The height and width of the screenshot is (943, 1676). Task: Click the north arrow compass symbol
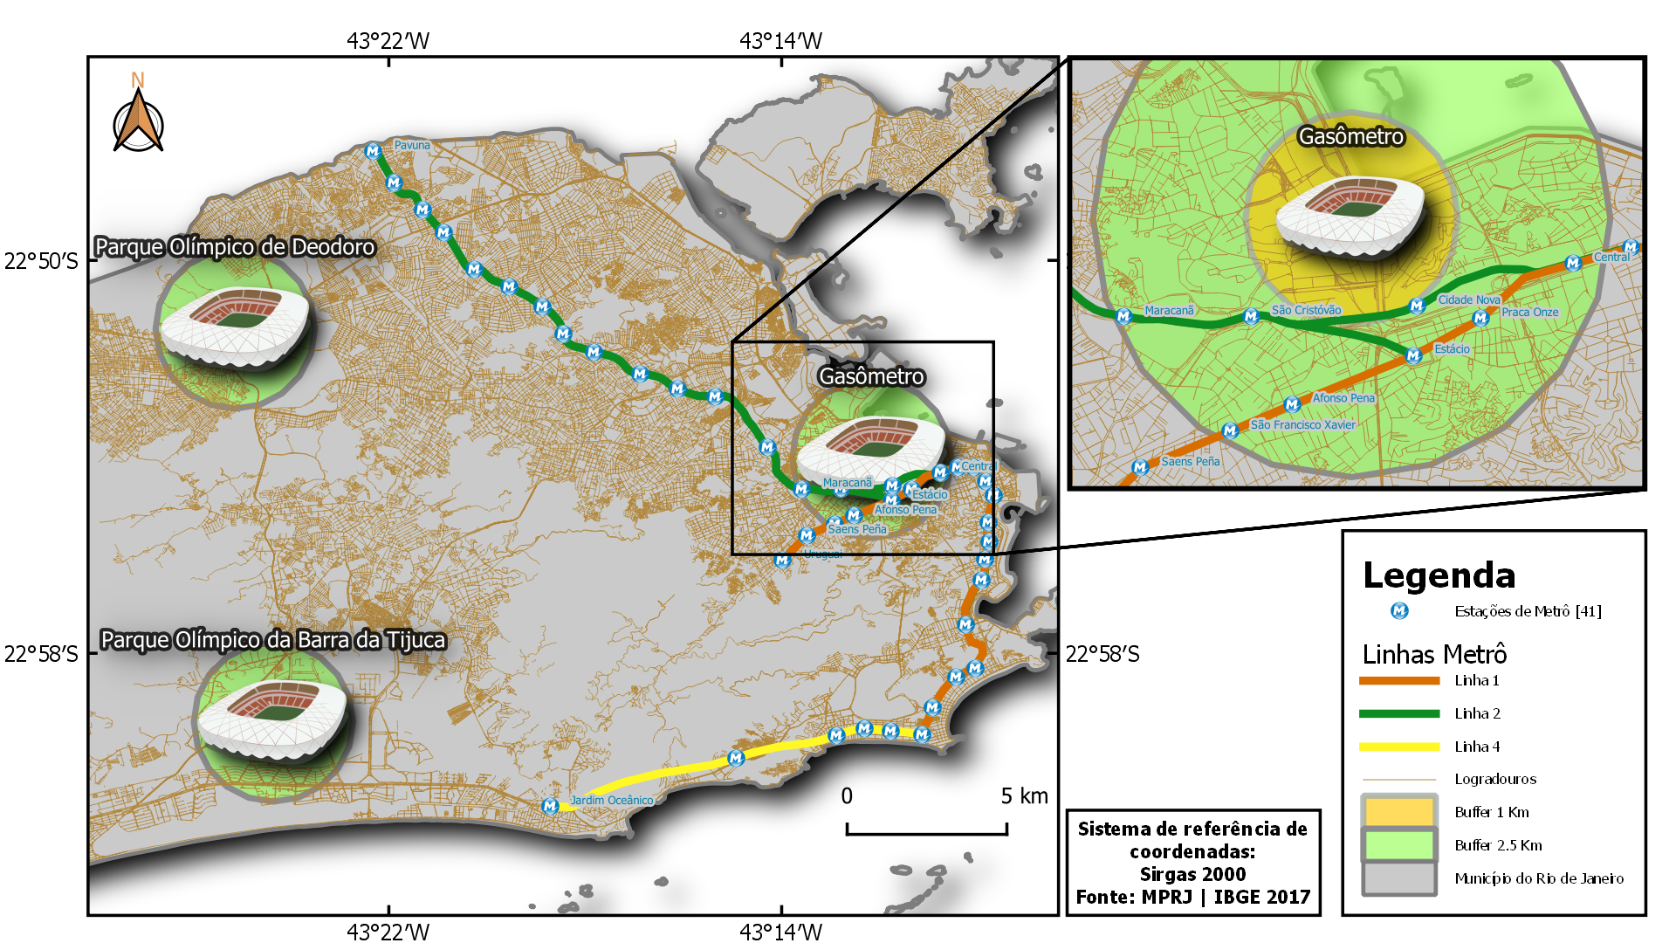(138, 122)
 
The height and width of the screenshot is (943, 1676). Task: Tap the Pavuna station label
(411, 145)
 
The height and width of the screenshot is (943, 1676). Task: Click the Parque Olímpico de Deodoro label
(234, 247)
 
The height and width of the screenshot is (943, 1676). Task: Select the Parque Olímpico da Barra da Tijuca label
(272, 640)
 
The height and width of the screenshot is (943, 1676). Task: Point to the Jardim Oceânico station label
(611, 800)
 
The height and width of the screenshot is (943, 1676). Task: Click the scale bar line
(926, 833)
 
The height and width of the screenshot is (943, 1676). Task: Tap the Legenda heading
(1439, 575)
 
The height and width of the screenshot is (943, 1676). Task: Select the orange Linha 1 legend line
(1398, 680)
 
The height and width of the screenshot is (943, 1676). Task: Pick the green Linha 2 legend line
(1398, 713)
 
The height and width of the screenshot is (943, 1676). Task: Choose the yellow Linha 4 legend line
(1398, 747)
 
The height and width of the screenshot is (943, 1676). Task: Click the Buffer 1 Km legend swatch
(1398, 812)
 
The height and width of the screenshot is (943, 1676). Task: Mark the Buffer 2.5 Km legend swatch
(1398, 845)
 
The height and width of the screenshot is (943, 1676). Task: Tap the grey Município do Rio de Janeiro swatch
(1398, 878)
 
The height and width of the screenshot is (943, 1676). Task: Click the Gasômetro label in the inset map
(1350, 137)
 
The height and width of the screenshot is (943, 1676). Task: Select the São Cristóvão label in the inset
(1306, 310)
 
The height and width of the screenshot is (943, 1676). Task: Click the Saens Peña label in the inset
(1190, 461)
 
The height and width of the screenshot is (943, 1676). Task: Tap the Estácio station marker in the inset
(1413, 355)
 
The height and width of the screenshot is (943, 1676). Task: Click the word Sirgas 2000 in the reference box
(1192, 874)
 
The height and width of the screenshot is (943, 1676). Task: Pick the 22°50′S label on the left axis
(41, 261)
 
